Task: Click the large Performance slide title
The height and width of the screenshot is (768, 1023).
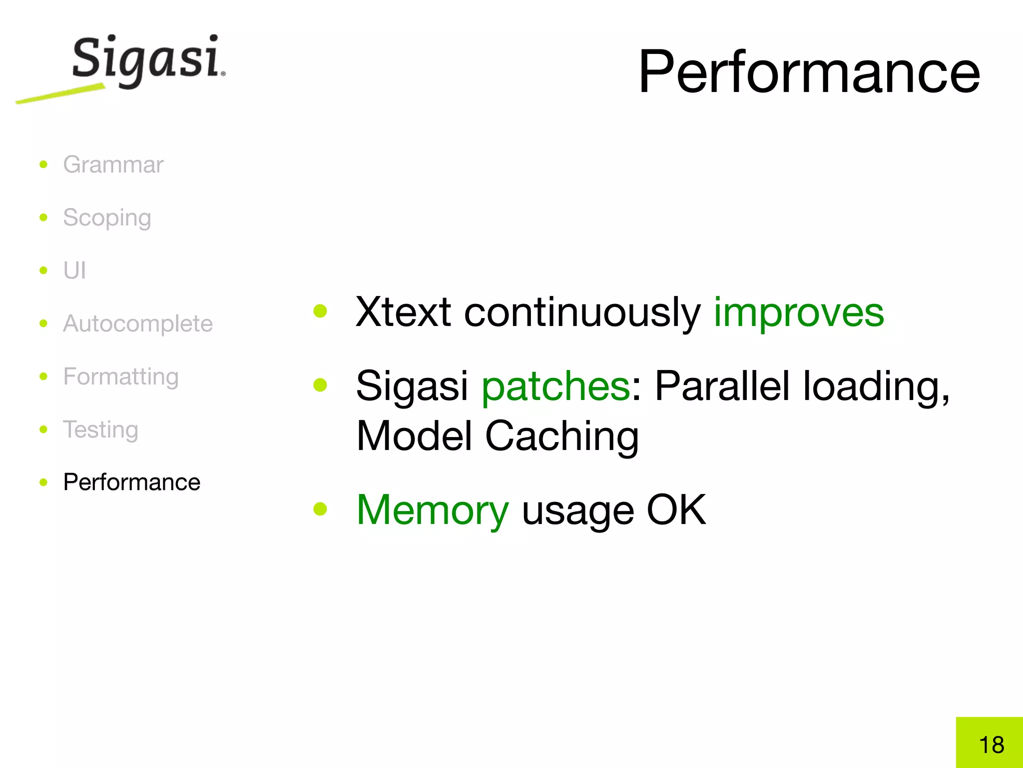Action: coord(809,72)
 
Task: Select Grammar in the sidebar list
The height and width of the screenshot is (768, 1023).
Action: coord(113,165)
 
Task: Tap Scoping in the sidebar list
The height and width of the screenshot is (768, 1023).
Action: coord(107,218)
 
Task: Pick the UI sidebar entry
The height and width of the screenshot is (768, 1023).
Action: coord(74,271)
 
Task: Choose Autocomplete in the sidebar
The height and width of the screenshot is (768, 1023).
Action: coord(138,324)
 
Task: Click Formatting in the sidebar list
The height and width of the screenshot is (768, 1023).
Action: coord(121,377)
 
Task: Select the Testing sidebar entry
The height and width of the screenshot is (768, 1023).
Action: coord(100,430)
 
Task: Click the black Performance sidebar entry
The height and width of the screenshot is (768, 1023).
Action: coord(131,482)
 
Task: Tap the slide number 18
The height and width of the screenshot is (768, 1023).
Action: coord(991,745)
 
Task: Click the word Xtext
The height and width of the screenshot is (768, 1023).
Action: coord(403,312)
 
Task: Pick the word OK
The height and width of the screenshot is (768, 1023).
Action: coord(676,510)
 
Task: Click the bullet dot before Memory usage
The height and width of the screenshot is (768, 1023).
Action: coord(320,509)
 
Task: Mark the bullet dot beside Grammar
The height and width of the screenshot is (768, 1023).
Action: coord(43,164)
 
